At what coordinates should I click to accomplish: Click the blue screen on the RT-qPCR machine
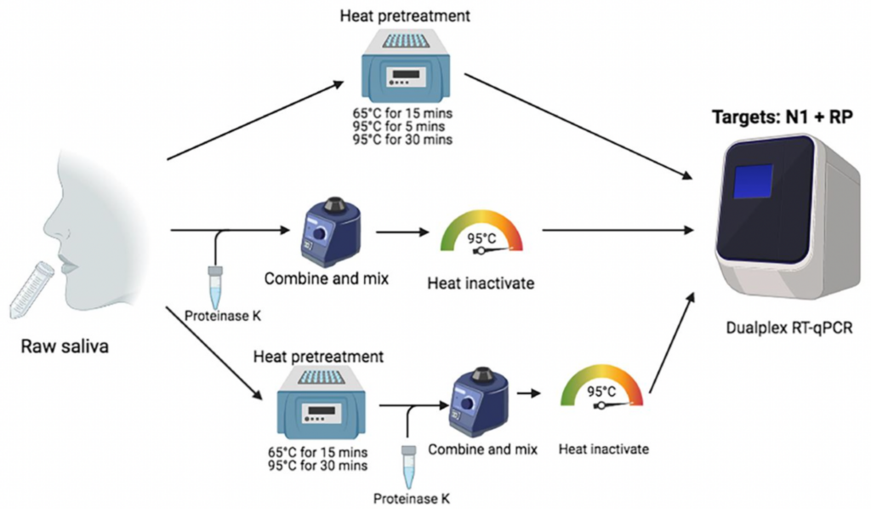click(753, 181)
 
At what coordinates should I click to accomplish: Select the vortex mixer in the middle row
click(324, 231)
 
